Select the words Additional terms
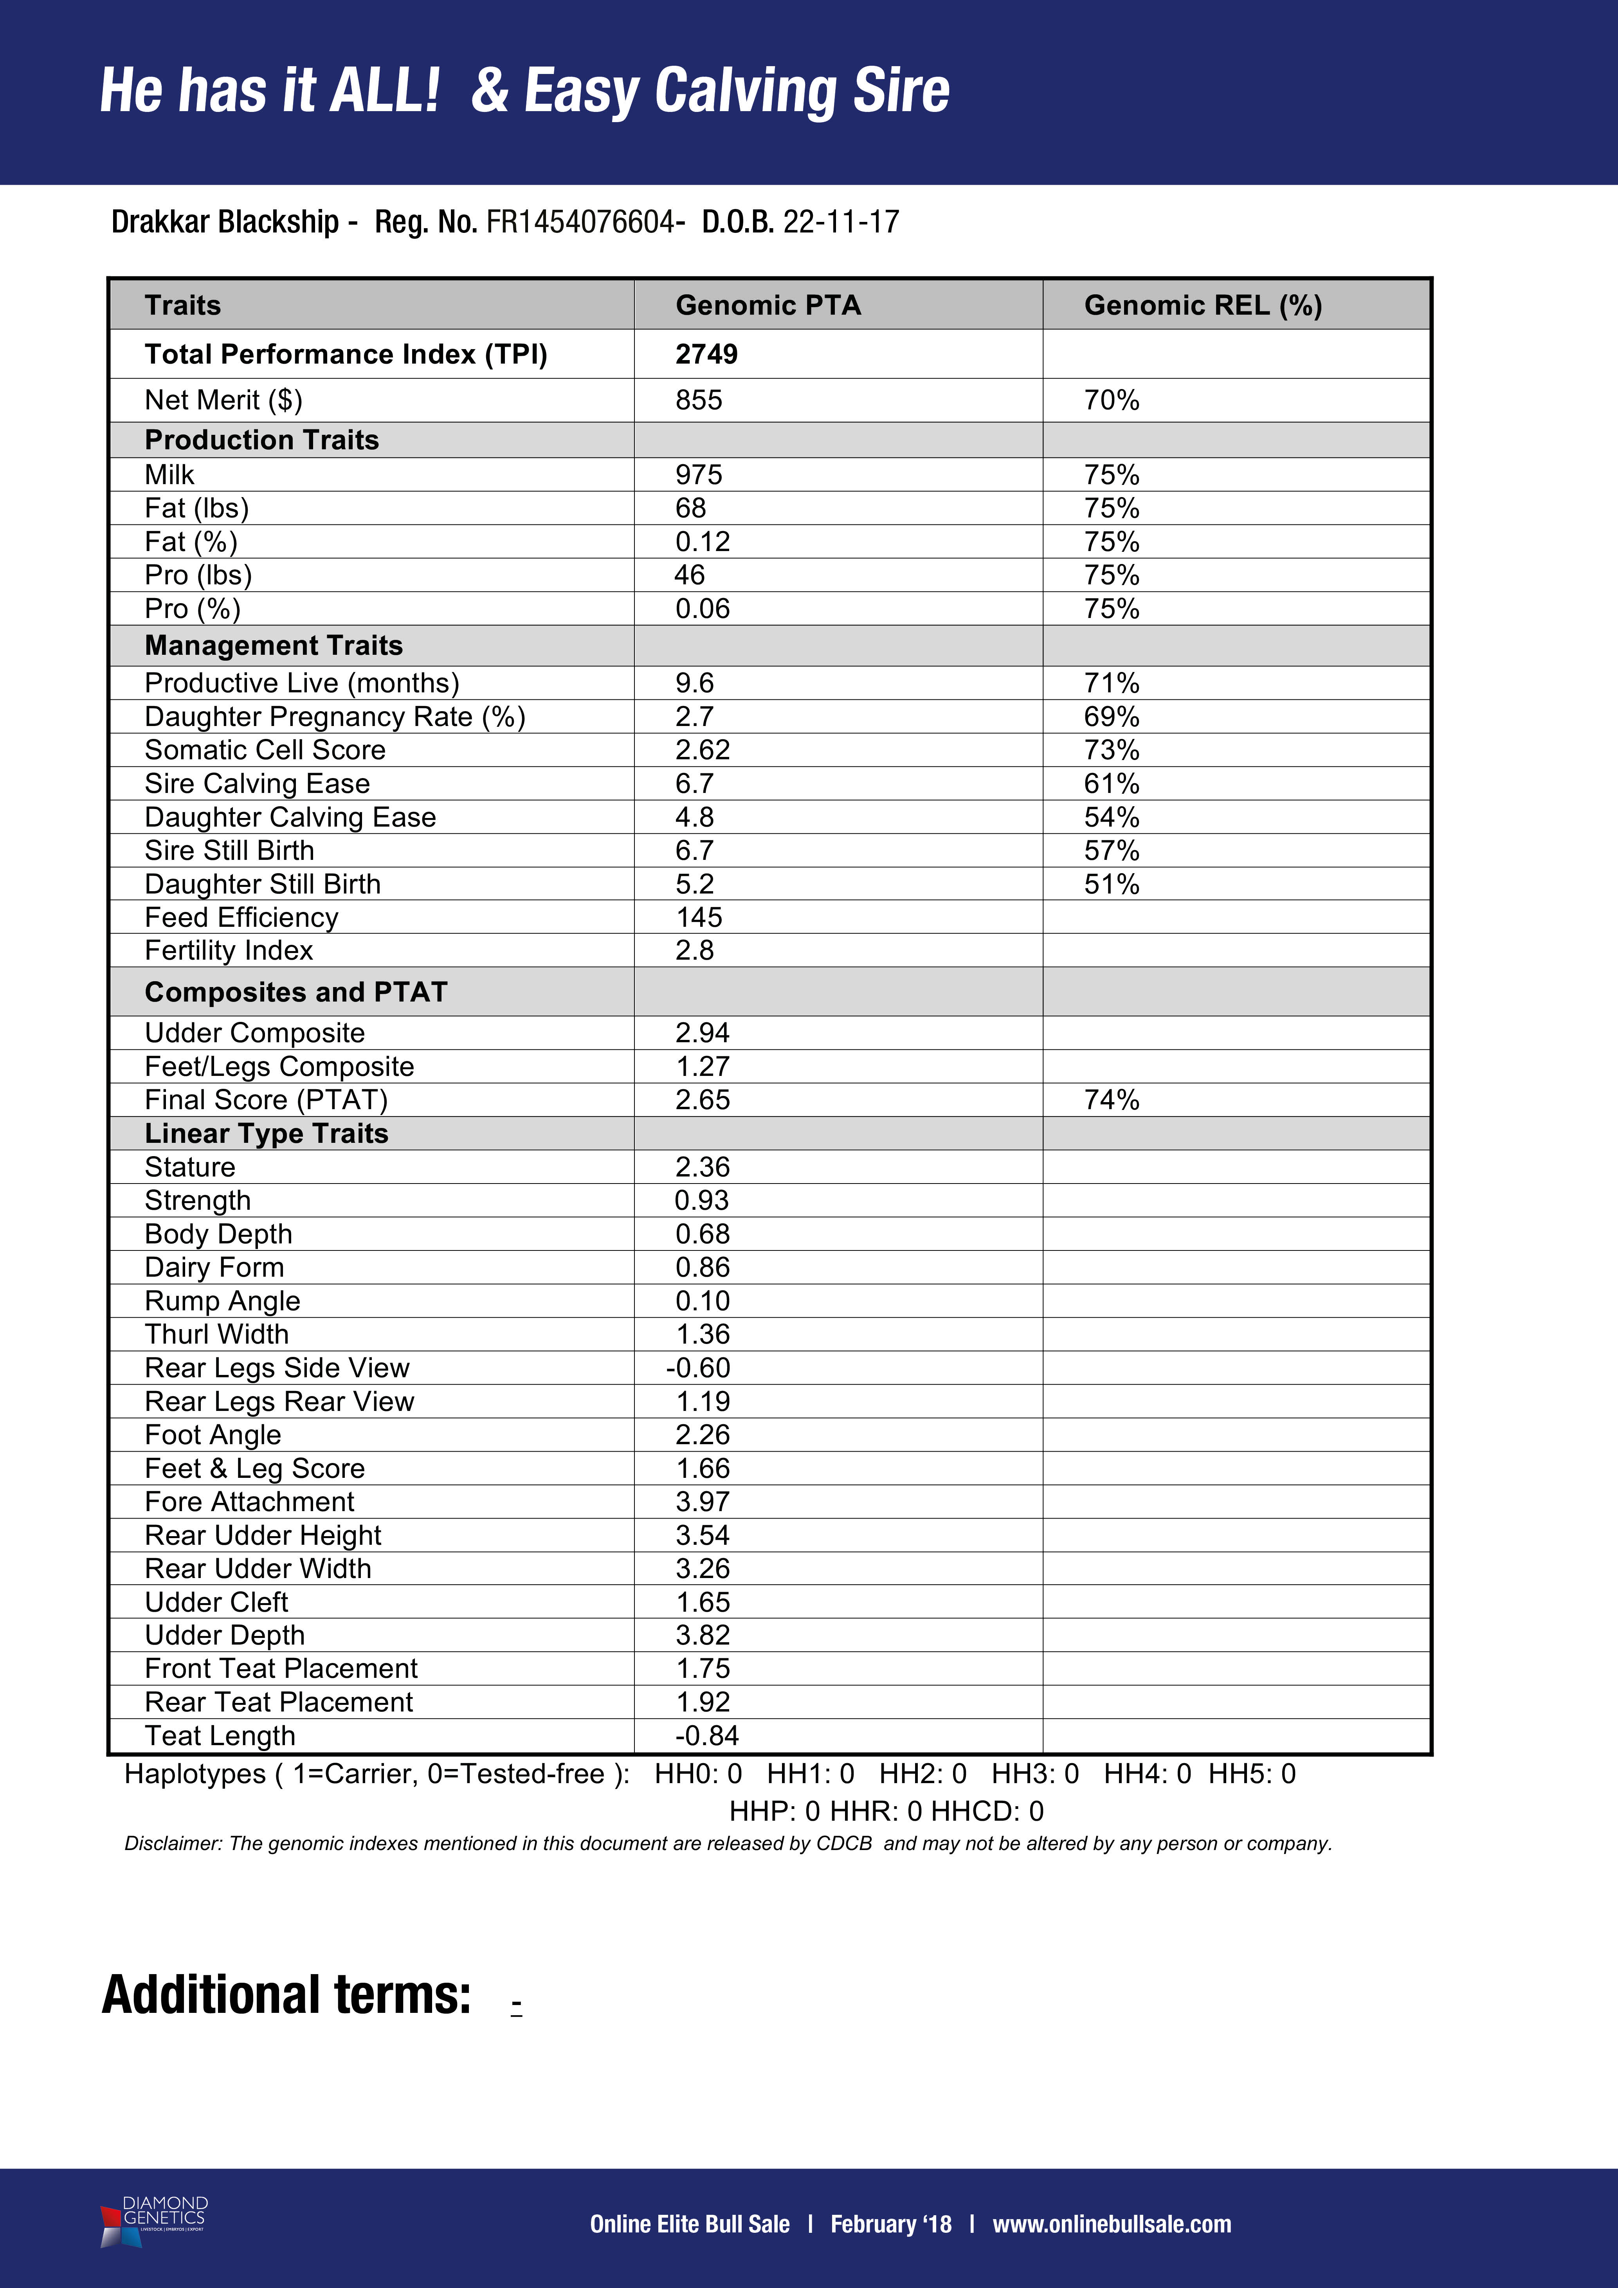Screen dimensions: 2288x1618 pos(287,1995)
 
